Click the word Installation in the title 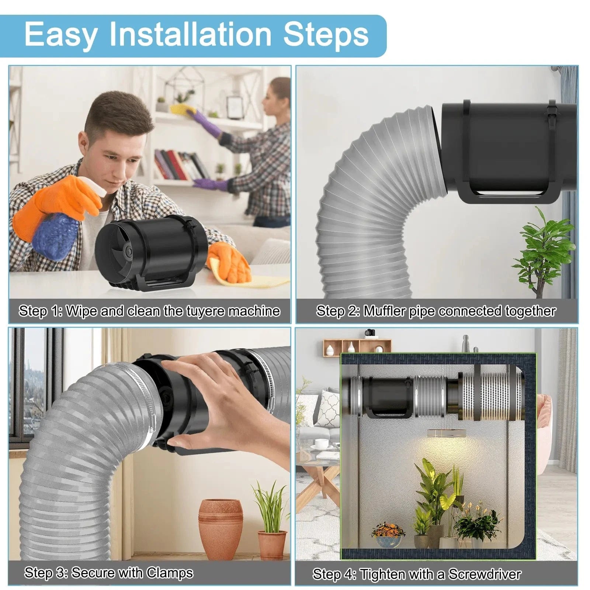pyautogui.click(x=190, y=35)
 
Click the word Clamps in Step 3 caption pyautogui.click(x=170, y=573)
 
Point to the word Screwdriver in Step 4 pyautogui.click(x=485, y=574)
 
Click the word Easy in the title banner pyautogui.click(x=61, y=35)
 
